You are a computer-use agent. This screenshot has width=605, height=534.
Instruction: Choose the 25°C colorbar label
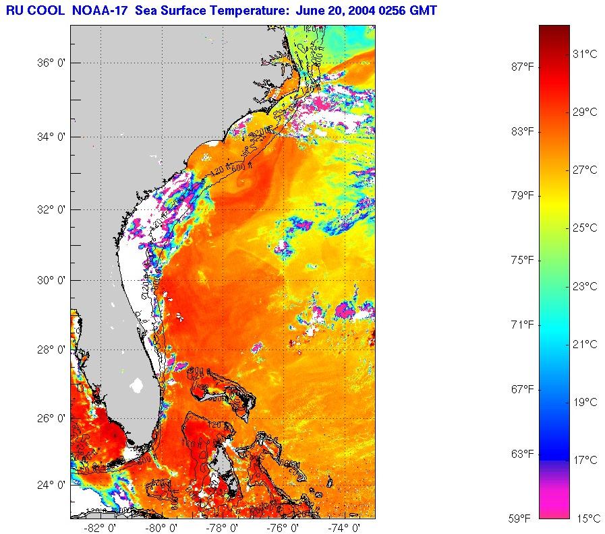(584, 228)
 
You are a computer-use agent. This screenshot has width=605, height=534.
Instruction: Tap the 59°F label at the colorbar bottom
(521, 519)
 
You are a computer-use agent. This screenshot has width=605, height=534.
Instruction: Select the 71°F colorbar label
(521, 325)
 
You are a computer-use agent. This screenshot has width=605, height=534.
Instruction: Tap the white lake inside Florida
(138, 386)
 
